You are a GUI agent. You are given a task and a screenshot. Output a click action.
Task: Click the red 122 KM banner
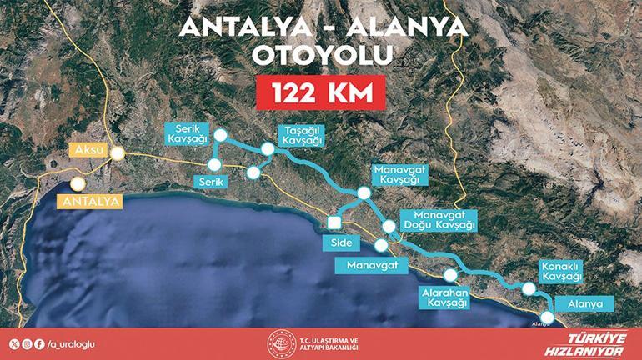pos(321,92)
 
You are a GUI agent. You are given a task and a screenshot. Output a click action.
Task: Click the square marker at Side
pos(334,222)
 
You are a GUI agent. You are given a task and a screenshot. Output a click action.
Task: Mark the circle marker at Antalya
pos(78,185)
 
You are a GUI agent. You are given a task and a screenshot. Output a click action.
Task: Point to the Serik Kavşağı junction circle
pos(220,134)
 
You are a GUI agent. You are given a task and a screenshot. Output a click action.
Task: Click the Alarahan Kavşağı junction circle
pos(451,275)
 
